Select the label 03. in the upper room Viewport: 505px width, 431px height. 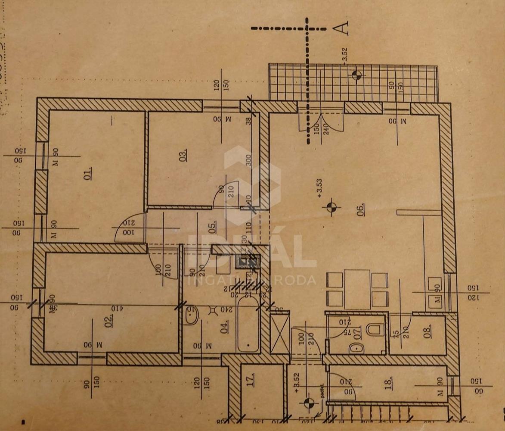pyautogui.click(x=183, y=154)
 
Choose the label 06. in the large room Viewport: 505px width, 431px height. pyautogui.click(x=360, y=209)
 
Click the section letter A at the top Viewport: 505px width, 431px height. pyautogui.click(x=341, y=28)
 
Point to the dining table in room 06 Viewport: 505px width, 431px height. pyautogui.click(x=357, y=289)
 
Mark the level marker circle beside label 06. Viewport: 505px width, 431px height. pyautogui.click(x=331, y=207)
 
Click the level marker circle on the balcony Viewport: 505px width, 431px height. pyautogui.click(x=356, y=75)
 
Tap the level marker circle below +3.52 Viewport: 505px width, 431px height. pyautogui.click(x=308, y=403)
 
